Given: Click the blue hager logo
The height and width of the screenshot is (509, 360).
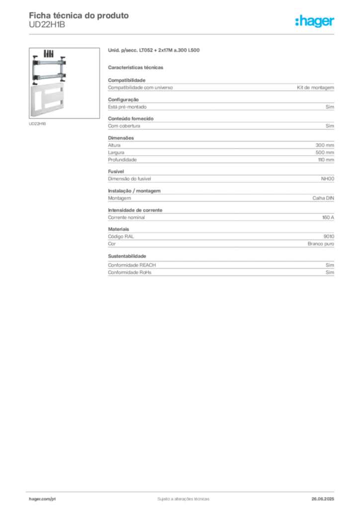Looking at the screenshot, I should (316, 21).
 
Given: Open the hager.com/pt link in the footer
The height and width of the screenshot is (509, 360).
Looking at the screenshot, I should (43, 499).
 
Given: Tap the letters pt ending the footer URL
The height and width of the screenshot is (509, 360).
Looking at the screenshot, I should (53, 499).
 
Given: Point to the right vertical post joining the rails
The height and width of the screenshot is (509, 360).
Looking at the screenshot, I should (63, 70).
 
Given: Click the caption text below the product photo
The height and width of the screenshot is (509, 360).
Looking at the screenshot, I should (38, 124).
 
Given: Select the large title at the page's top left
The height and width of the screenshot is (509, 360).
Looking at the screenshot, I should (80, 15).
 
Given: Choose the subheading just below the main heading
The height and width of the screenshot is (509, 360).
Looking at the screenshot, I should (137, 67).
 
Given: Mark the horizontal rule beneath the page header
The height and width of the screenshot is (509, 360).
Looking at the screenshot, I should (183, 34).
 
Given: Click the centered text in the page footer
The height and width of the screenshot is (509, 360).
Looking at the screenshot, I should (182, 497).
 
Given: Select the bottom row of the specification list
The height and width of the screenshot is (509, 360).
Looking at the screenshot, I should (220, 274).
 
